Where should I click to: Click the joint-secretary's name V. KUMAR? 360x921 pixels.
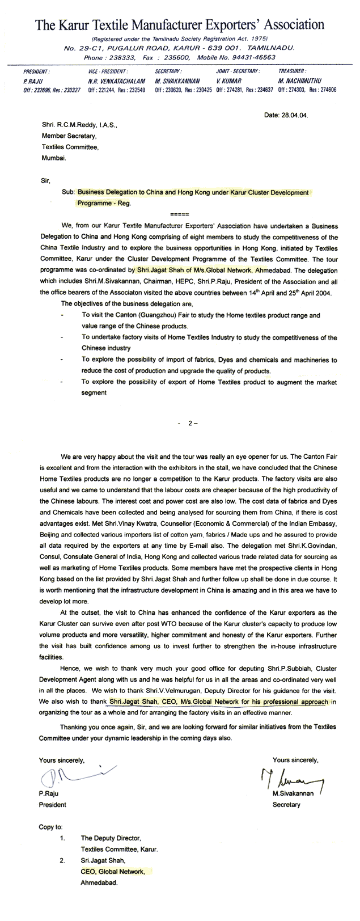click(228, 81)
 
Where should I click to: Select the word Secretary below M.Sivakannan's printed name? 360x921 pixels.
click(287, 805)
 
